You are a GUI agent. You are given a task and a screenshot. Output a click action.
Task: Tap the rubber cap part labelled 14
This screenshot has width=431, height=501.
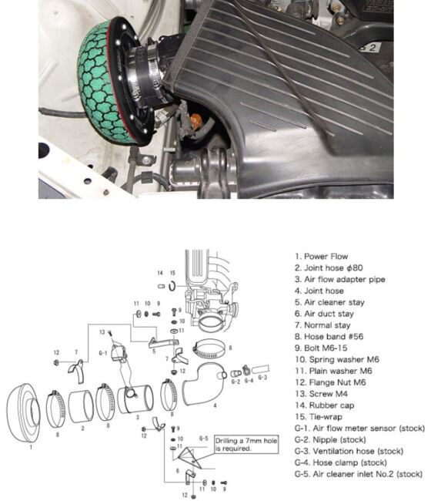pos(160,287)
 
